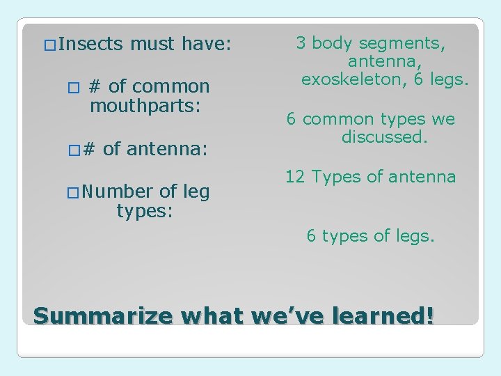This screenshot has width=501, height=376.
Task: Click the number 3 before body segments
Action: (301, 43)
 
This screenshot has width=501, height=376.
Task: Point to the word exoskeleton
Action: (354, 79)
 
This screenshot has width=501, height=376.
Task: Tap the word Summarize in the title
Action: (102, 316)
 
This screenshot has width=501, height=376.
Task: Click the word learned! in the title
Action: (390, 316)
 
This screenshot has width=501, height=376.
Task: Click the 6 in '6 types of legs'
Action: (312, 236)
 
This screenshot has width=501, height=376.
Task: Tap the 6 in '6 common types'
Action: (292, 119)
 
